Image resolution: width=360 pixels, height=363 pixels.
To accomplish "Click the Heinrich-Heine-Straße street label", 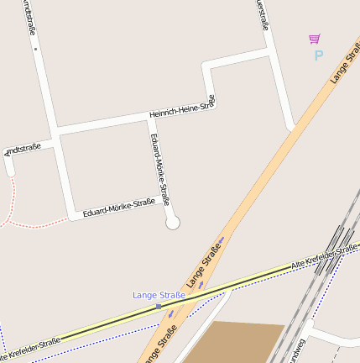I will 182,108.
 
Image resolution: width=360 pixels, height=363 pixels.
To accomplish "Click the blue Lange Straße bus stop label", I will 159,295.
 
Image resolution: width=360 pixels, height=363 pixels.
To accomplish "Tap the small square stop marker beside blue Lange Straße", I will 158,307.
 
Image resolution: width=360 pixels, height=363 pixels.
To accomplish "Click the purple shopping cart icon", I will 314,39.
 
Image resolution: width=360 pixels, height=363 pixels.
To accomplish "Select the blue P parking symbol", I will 318,55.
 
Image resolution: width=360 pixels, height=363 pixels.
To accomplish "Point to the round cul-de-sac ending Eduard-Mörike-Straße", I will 173,223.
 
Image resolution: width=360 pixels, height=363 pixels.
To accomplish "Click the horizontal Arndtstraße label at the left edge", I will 23,150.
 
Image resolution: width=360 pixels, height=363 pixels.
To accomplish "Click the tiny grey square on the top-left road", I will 36,50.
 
